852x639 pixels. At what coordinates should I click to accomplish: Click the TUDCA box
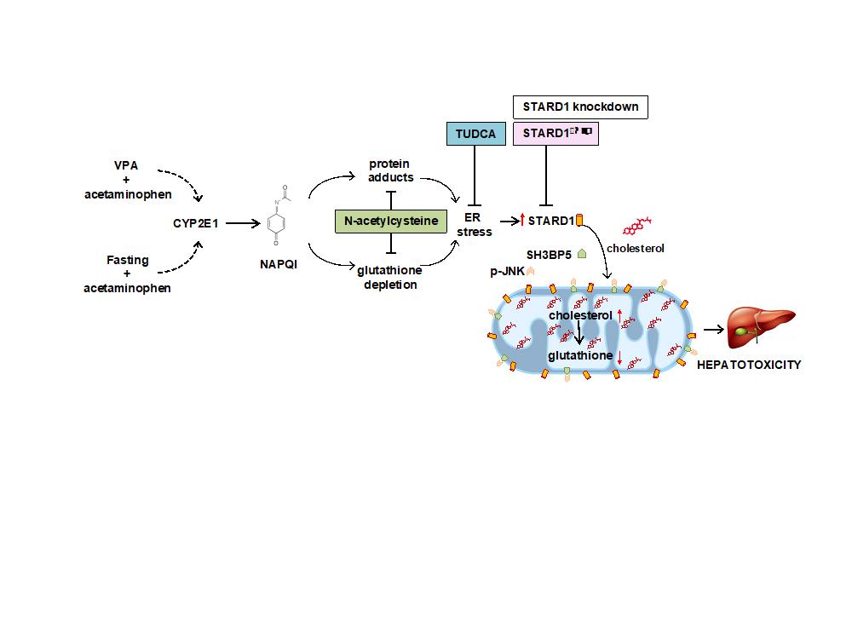[x=473, y=133]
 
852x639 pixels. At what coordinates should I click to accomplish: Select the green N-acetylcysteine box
[x=391, y=221]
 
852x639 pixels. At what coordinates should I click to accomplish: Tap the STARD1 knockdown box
[x=579, y=106]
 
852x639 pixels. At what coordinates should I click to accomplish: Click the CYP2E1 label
[x=197, y=223]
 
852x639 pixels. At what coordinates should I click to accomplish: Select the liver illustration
[x=760, y=328]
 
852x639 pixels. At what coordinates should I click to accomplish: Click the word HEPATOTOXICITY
[x=749, y=364]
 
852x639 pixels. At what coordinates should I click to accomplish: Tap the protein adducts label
[x=391, y=170]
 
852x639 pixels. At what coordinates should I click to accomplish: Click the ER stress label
[x=475, y=225]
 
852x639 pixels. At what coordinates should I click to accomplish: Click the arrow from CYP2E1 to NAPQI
[x=244, y=223]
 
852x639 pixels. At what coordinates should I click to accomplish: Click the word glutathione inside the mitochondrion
[x=580, y=354]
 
